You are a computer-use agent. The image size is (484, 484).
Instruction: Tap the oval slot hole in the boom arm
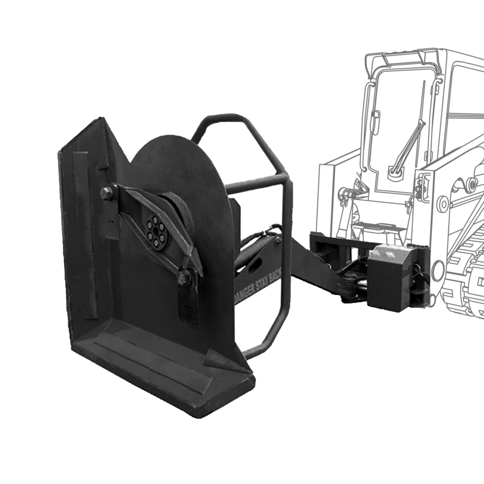point(255,265)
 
